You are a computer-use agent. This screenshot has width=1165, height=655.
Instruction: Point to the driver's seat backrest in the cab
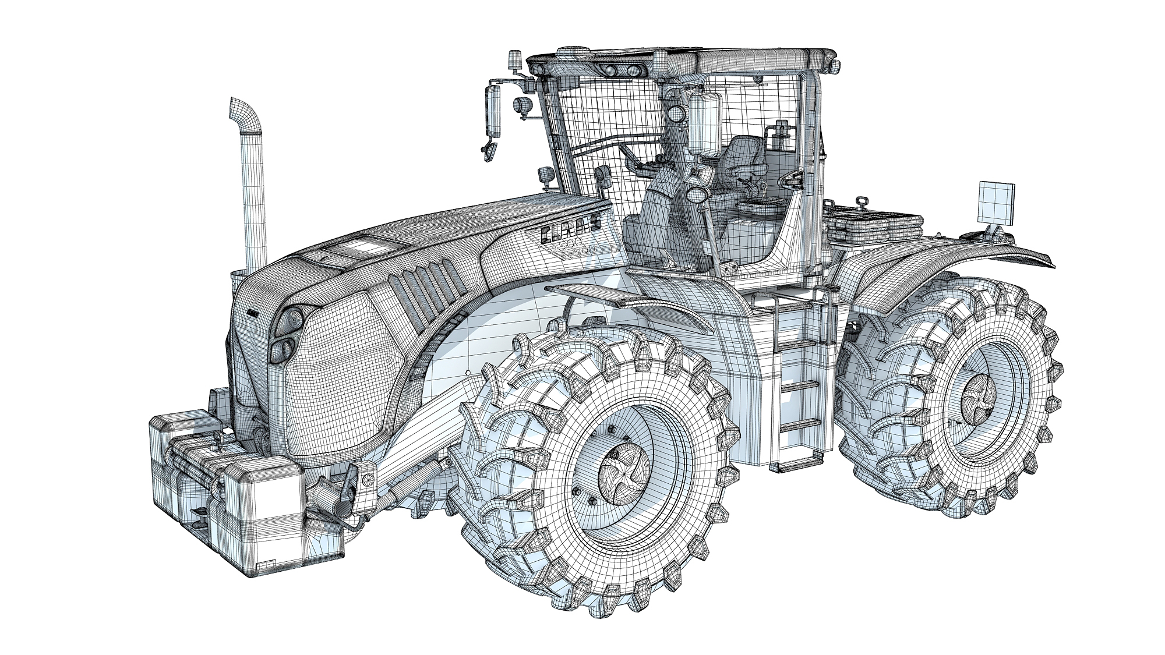coord(744,153)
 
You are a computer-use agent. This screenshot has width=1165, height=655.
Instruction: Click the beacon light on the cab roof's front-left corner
coord(516,60)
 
